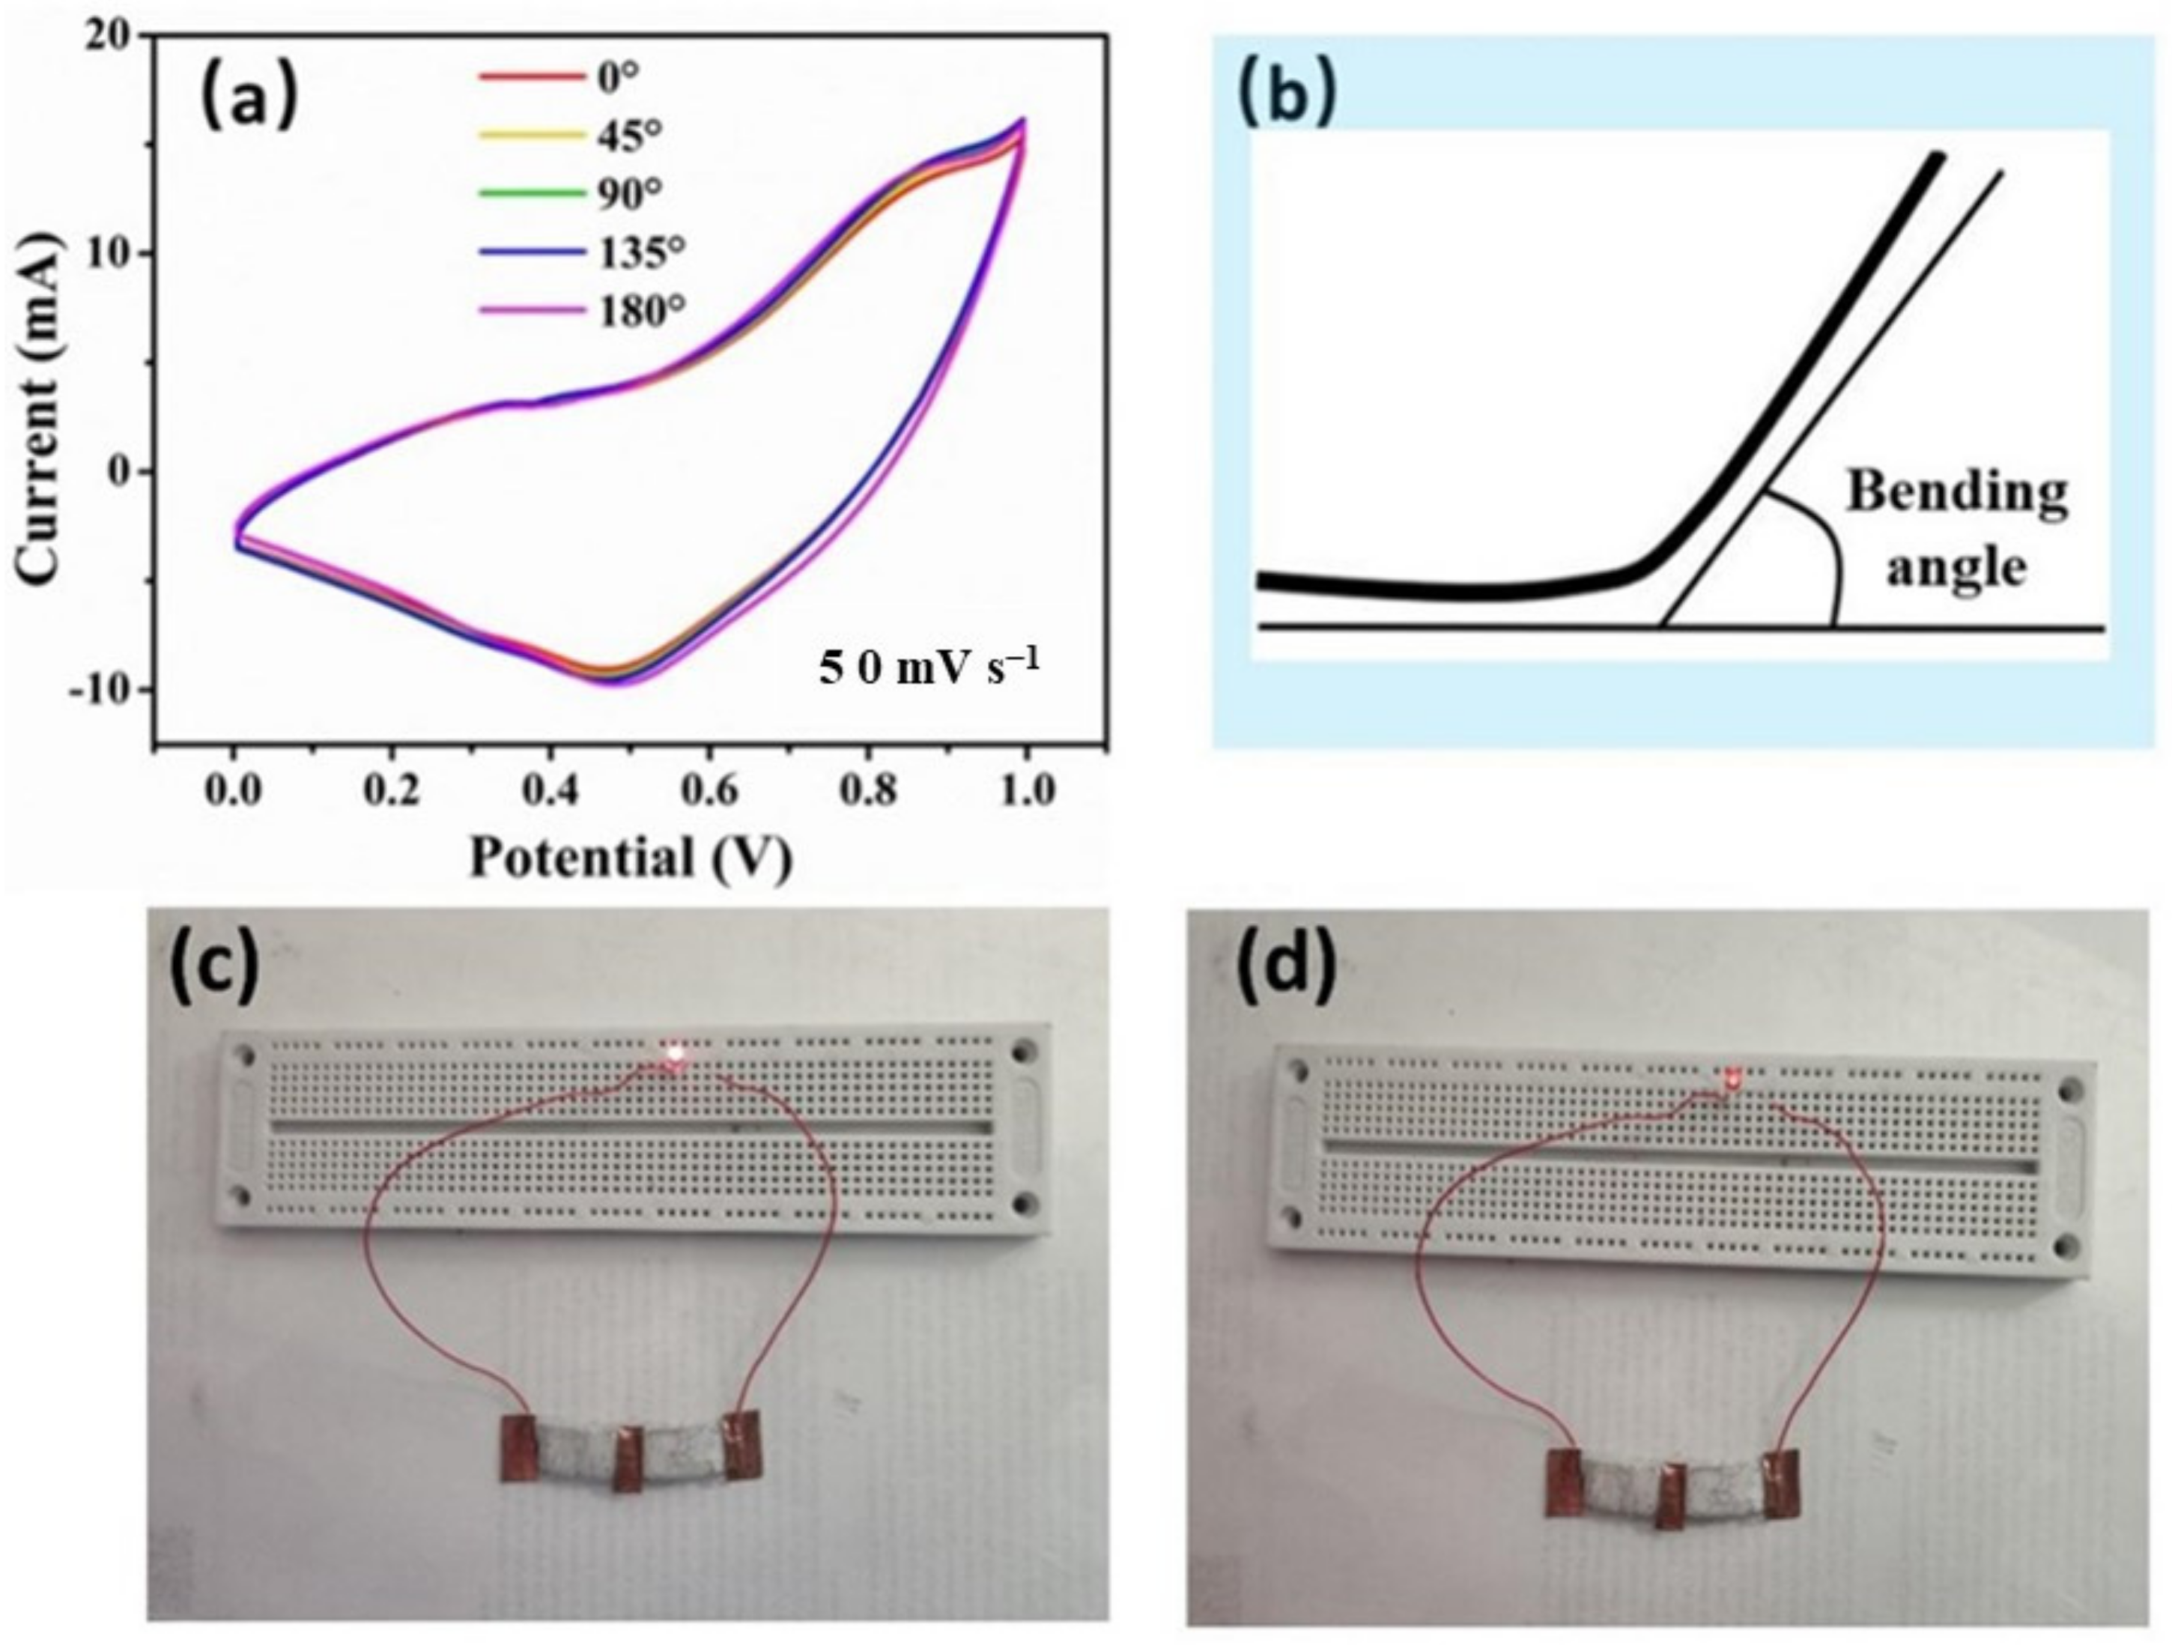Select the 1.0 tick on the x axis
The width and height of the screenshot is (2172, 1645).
coord(1026,790)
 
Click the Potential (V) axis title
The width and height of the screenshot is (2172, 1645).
coord(631,858)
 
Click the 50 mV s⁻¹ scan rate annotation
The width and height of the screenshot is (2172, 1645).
coord(928,668)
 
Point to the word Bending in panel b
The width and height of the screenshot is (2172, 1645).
coord(1957,491)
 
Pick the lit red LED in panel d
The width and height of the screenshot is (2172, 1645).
coord(1733,1080)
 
